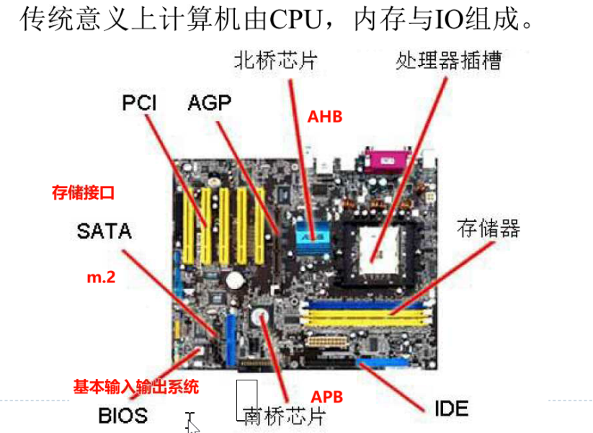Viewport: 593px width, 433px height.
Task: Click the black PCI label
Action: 140,103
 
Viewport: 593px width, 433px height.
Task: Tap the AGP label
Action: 210,103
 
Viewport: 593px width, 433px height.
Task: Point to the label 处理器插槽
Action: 448,60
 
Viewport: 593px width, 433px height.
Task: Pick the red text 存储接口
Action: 84,193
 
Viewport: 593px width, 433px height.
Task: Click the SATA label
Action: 104,231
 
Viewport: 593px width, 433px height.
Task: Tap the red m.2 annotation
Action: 101,276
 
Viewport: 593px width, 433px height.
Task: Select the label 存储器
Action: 489,229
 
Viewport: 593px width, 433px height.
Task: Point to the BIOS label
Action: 122,415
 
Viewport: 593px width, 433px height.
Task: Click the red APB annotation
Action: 326,397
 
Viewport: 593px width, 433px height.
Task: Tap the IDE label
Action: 451,409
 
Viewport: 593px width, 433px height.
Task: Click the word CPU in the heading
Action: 295,20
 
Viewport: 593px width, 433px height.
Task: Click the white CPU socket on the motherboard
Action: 375,245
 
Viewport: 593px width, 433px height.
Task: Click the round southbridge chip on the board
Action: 259,316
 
